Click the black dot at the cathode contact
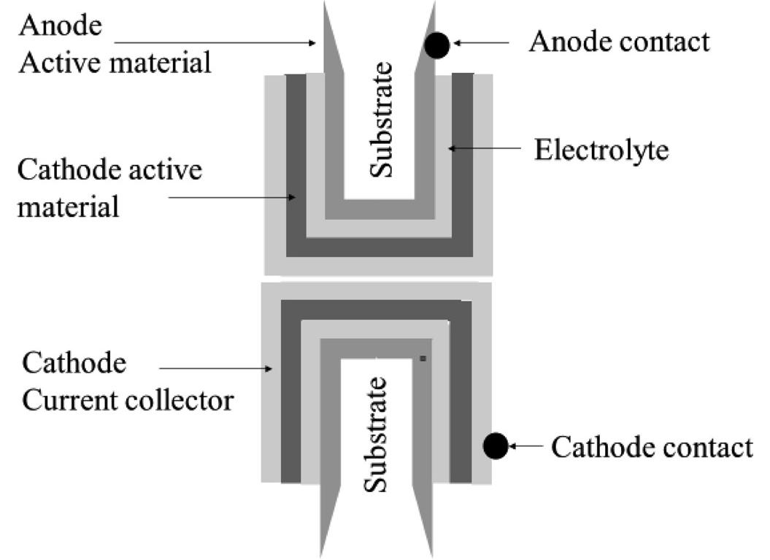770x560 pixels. (496, 445)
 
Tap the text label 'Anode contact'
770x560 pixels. (619, 42)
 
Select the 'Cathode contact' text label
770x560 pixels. (651, 446)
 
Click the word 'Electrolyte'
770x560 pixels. (601, 150)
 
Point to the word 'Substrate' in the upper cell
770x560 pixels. (381, 120)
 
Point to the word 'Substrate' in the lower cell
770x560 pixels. (376, 434)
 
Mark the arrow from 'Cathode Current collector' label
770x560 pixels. (216, 369)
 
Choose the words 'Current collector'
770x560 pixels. (128, 400)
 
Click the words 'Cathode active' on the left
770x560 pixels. (109, 172)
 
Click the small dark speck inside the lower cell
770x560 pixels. (423, 358)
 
